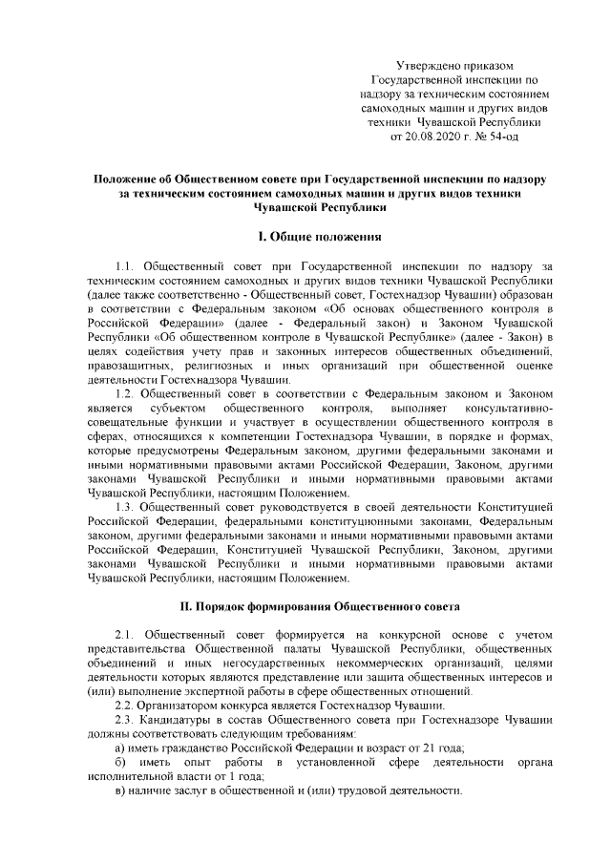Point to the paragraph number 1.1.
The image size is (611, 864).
[x=124, y=267]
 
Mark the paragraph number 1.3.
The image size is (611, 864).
[x=124, y=506]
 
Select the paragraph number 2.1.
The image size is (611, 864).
[x=124, y=636]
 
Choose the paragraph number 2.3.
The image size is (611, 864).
[x=124, y=719]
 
